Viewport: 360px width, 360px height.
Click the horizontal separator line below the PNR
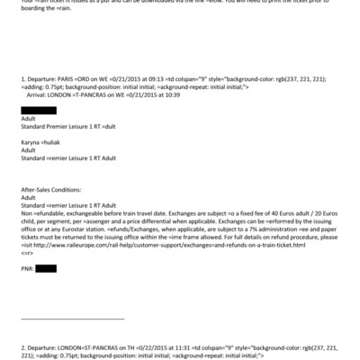tap(72, 318)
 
